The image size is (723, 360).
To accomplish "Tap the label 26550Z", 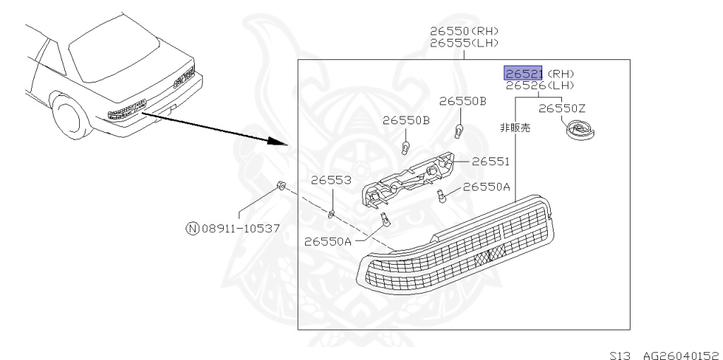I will pos(562,108).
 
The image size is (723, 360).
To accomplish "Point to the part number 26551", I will pos(490,162).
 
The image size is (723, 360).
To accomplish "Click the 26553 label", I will pos(332,181).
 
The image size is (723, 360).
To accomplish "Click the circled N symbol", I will pos(192,228).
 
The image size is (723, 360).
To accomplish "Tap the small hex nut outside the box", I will pos(280,186).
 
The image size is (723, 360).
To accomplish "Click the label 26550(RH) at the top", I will pos(464,31).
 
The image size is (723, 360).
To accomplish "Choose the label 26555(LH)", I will pos(464,42).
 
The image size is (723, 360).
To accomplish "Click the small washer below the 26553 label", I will pos(331,211).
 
